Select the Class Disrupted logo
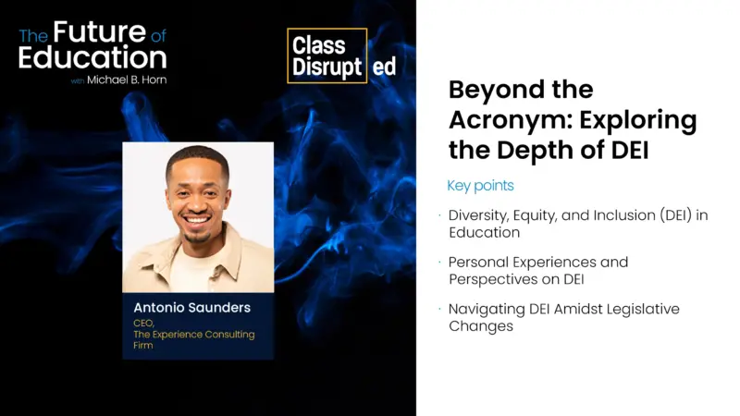pos(341,55)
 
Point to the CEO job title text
pos(144,322)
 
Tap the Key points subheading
pos(480,186)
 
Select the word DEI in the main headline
pos(626,150)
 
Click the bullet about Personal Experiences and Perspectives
pos(537,270)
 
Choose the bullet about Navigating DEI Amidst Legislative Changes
pos(563,317)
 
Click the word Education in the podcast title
pos(92,57)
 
